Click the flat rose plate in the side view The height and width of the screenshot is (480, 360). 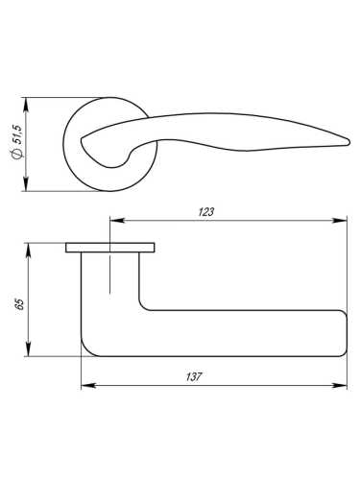pos(110,248)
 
